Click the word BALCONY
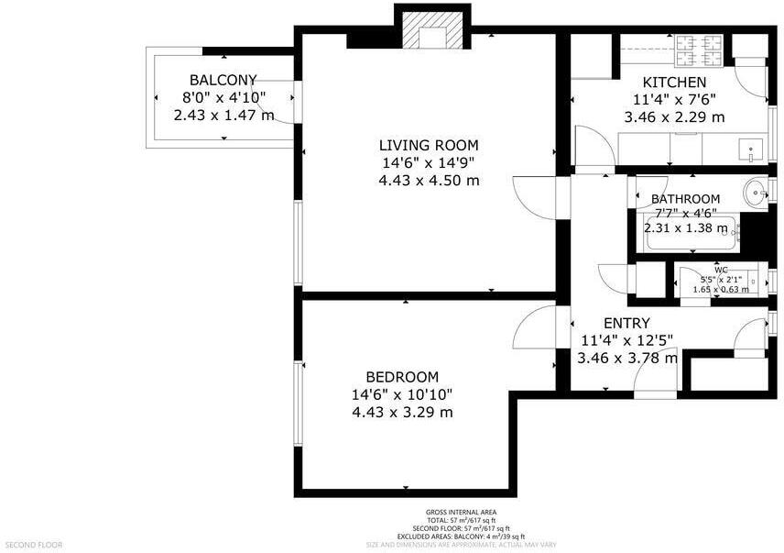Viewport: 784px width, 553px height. (223, 80)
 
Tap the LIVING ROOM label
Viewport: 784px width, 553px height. (429, 145)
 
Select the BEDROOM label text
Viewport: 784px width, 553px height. (402, 377)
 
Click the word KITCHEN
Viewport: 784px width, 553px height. (674, 83)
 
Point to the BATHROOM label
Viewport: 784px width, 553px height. (685, 199)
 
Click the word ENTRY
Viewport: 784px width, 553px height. (626, 323)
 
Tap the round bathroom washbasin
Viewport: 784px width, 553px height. (756, 193)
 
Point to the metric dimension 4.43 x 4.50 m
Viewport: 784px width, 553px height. (429, 180)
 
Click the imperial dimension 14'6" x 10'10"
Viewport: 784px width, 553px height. (402, 394)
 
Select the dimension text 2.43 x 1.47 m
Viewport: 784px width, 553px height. (223, 116)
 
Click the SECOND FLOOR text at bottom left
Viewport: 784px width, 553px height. (32, 544)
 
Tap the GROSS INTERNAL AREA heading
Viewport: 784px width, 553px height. (462, 512)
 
